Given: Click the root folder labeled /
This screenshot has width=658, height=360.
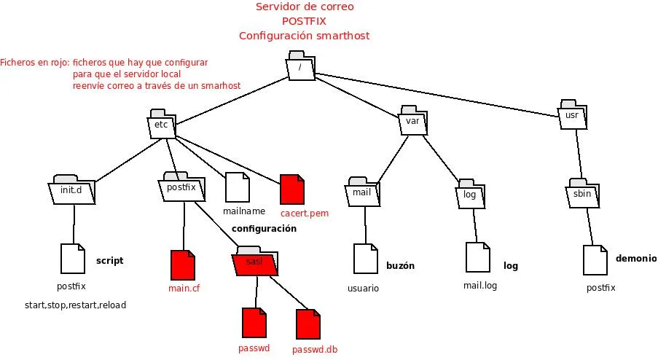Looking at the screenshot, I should pos(299,67).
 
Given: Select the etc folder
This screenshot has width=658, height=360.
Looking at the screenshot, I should pos(160,123).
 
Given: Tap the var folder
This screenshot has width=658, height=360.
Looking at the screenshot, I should pos(412,122).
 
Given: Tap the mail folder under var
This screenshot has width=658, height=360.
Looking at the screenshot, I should pos(362,192).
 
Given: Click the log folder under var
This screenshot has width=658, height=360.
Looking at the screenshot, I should pos(470,195).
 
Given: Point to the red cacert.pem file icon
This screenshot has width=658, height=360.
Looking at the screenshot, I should pos(291,189).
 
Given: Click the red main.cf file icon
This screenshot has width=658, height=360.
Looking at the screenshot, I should pos(182,265).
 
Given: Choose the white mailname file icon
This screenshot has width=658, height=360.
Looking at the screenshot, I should pos(238,187).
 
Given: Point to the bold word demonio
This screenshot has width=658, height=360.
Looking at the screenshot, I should pos(635,259).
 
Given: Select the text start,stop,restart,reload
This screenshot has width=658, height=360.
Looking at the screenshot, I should pos(75,305).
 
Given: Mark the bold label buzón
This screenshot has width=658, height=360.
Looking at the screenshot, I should pos(400,266).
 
